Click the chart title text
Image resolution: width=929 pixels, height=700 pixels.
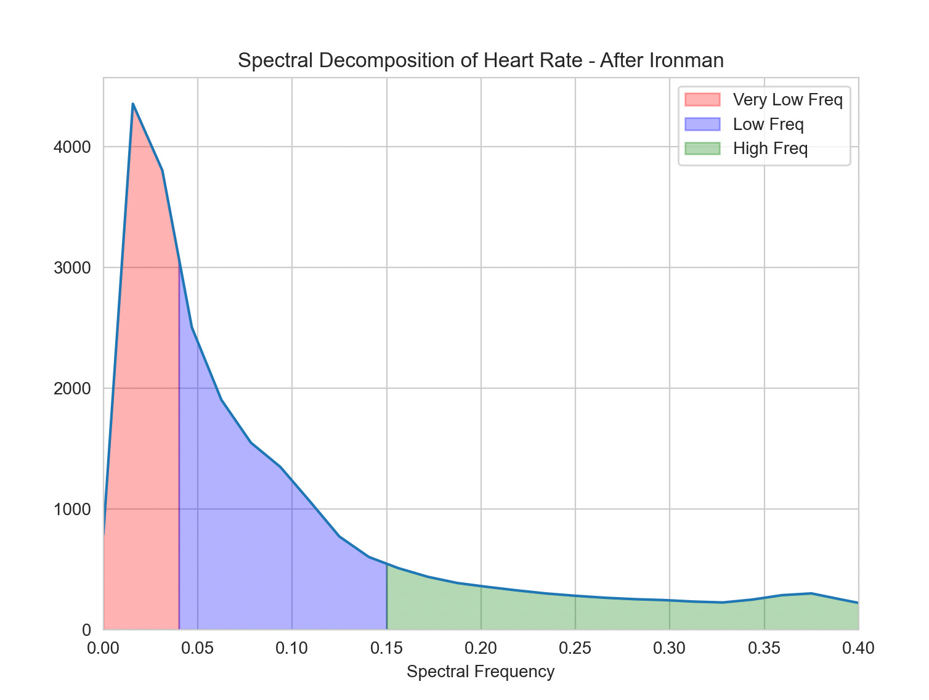[481, 60]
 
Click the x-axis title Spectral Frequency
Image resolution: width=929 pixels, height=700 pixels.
[481, 672]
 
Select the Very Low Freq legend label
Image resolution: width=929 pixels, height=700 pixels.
[787, 99]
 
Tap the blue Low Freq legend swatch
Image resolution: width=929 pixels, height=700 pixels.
[702, 124]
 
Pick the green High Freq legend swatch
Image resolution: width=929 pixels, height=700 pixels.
[702, 149]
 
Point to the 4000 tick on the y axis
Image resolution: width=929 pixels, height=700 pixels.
[72, 147]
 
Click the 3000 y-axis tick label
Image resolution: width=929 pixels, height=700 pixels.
[72, 268]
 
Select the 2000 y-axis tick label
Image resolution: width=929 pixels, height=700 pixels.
[72, 389]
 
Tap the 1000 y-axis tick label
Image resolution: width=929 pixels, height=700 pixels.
[72, 510]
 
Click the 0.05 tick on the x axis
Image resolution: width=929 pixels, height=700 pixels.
[198, 648]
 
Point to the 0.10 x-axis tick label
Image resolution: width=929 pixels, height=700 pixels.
[292, 648]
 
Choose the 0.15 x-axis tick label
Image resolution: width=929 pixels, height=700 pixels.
[386, 648]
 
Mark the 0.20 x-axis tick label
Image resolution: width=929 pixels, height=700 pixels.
[481, 648]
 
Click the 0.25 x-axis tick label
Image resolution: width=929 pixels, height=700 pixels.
[575, 648]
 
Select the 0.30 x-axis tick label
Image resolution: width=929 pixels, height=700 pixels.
[670, 648]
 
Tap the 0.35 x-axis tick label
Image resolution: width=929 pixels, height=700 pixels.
[765, 648]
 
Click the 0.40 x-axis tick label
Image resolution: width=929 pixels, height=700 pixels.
[858, 648]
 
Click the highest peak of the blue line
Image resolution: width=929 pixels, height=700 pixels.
[133, 104]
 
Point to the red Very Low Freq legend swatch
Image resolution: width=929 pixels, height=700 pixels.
[702, 99]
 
